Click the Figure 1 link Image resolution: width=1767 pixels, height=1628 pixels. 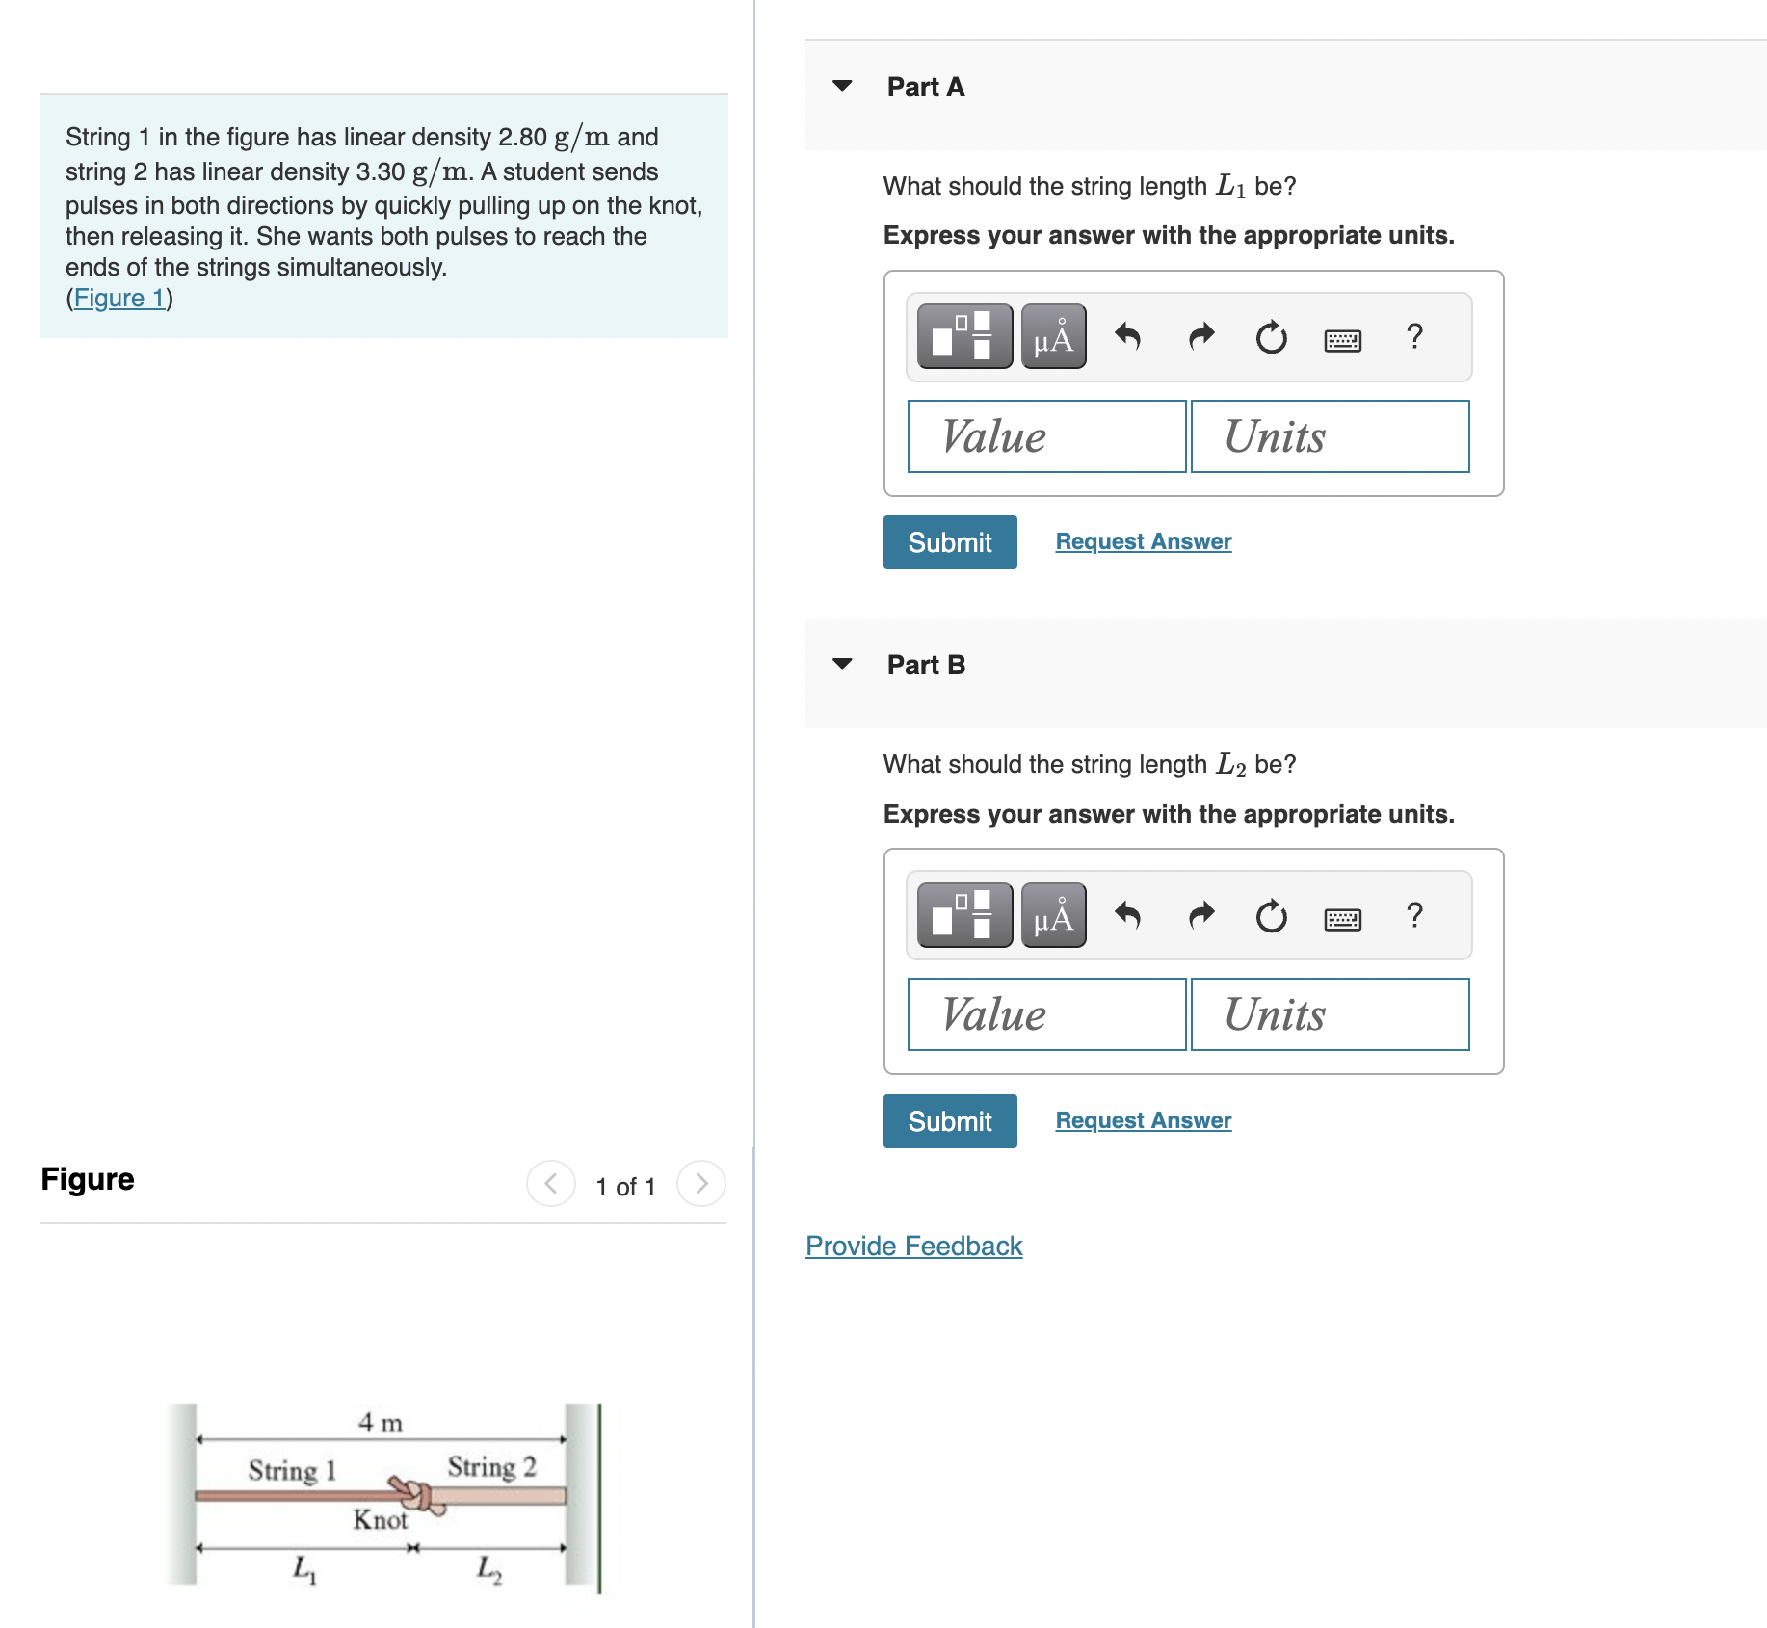coord(119,299)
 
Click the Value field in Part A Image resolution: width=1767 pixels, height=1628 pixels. coord(1046,436)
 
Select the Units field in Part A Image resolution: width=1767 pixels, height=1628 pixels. coord(1330,436)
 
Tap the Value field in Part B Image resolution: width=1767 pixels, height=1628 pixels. coord(1046,1014)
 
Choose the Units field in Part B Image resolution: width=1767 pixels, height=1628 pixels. coord(1330,1014)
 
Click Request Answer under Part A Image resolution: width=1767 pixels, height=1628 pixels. coord(1144,541)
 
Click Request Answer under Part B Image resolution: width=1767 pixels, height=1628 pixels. coord(1144,1120)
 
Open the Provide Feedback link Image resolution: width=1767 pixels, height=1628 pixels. coord(913,1246)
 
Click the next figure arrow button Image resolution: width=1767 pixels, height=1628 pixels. coord(701,1183)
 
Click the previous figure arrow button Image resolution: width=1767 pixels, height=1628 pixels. coord(551,1183)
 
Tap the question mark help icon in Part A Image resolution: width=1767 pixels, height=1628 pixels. coord(1414,336)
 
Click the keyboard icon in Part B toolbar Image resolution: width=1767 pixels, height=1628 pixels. coord(1343,919)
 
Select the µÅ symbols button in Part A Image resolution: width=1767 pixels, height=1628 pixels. coord(1054,336)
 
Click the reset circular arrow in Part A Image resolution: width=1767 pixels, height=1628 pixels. coord(1272,337)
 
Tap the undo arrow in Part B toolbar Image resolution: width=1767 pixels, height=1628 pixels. coord(1127,914)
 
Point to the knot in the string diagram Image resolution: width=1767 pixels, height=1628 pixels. coord(417,1495)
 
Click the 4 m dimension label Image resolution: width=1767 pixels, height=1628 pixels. coord(381,1423)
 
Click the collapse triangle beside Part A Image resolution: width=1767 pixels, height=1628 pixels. coord(842,86)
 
